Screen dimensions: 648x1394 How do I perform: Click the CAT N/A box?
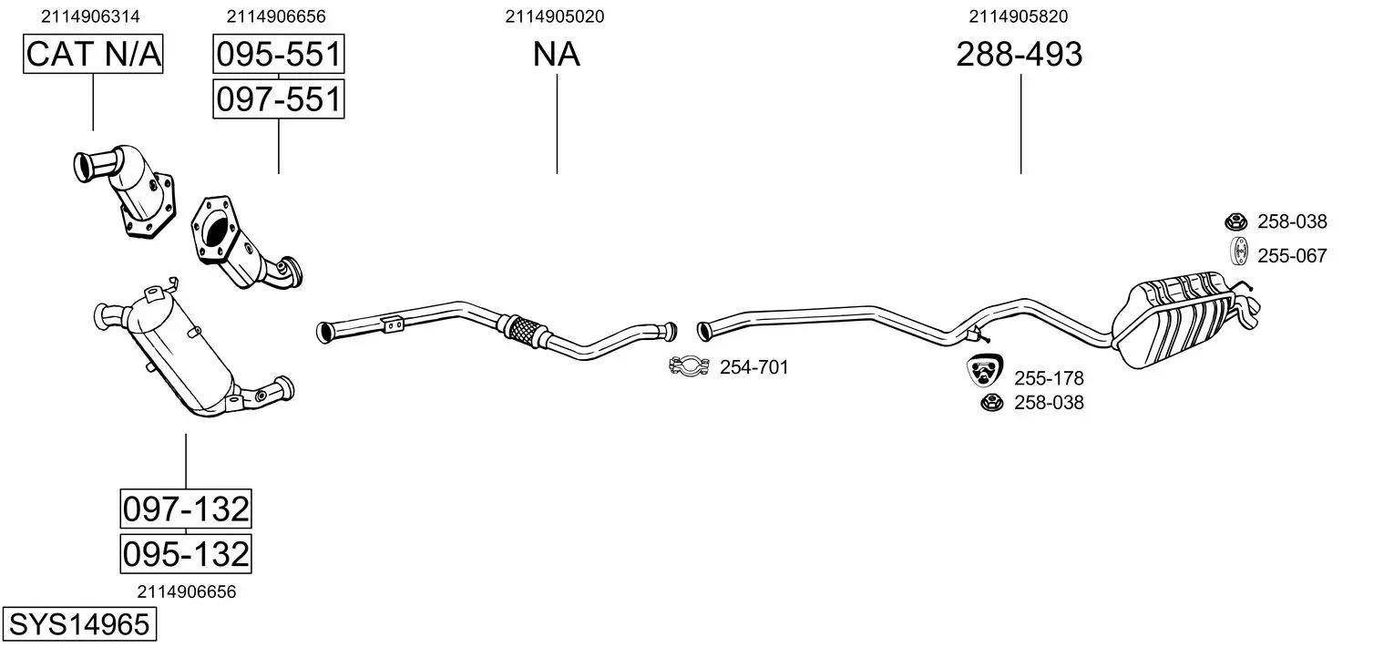tap(92, 55)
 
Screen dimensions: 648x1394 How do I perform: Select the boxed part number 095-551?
tap(278, 55)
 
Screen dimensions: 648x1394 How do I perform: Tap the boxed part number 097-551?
tap(278, 98)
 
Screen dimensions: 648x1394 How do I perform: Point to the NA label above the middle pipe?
tap(556, 55)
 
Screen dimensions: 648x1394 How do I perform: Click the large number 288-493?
tap(1019, 55)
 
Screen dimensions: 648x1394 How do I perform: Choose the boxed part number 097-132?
tap(185, 509)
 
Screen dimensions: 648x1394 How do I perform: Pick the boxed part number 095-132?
tap(185, 553)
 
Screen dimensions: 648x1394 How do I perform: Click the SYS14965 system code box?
tap(78, 625)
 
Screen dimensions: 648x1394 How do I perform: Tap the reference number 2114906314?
tap(91, 16)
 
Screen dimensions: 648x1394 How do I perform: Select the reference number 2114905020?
tap(555, 16)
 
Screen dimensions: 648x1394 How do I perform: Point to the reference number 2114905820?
tap(1019, 16)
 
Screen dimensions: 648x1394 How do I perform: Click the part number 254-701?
tap(753, 367)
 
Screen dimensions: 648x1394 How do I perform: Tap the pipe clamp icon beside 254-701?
tap(690, 366)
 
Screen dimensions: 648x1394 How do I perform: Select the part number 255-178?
tap(1049, 378)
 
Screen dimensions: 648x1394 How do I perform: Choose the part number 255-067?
tap(1292, 256)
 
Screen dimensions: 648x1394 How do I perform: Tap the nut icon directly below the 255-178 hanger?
tap(988, 403)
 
